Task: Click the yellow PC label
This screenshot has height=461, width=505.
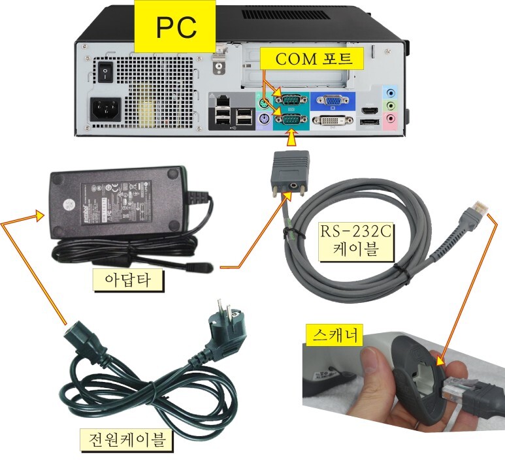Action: coord(176,27)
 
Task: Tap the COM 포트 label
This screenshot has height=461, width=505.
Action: coord(313,59)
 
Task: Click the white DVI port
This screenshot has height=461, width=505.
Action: coord(333,121)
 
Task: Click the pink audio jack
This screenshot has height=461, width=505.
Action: coord(391,119)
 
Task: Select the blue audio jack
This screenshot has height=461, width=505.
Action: coord(391,92)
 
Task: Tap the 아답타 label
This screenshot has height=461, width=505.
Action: coord(127,280)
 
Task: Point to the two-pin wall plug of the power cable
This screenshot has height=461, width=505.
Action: coord(222,327)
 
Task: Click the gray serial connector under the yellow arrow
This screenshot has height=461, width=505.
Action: coord(289,170)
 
